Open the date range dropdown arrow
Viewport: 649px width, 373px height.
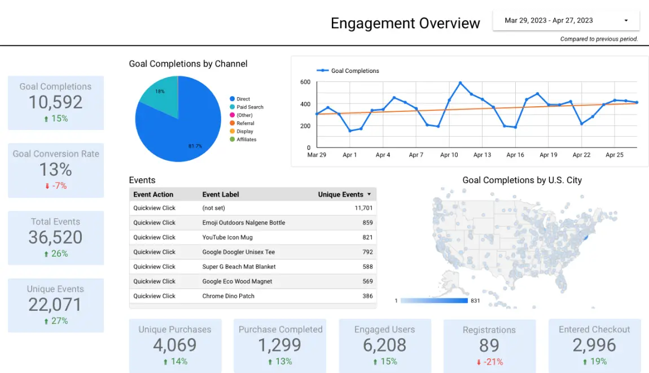pyautogui.click(x=626, y=21)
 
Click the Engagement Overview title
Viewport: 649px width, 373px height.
pyautogui.click(x=405, y=23)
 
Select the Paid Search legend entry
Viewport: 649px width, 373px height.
pyautogui.click(x=249, y=107)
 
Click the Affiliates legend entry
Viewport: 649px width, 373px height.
pyautogui.click(x=246, y=140)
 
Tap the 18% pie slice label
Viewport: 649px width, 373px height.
pyautogui.click(x=160, y=92)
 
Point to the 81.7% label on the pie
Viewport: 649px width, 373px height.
pyautogui.click(x=195, y=146)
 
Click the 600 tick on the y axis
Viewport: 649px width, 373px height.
pyautogui.click(x=305, y=83)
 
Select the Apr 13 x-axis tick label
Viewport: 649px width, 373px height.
pyautogui.click(x=482, y=155)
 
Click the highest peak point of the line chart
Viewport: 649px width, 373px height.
pyautogui.click(x=461, y=83)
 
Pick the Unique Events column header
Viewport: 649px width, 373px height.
pyautogui.click(x=341, y=194)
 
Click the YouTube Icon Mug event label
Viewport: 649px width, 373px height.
pyautogui.click(x=227, y=237)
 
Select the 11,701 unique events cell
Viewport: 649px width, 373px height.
pyautogui.click(x=363, y=208)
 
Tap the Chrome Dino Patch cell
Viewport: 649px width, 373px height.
pyautogui.click(x=229, y=296)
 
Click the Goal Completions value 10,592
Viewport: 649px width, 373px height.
pyautogui.click(x=55, y=102)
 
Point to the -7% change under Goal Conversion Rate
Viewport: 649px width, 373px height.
pyautogui.click(x=56, y=185)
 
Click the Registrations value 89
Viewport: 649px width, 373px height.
pyautogui.click(x=489, y=345)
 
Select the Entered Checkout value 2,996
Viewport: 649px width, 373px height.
pyautogui.click(x=594, y=345)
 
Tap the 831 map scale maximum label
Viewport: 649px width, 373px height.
pyautogui.click(x=475, y=301)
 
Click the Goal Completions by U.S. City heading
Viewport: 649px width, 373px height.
pyautogui.click(x=522, y=180)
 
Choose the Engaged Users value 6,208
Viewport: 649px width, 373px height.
pyautogui.click(x=384, y=345)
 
